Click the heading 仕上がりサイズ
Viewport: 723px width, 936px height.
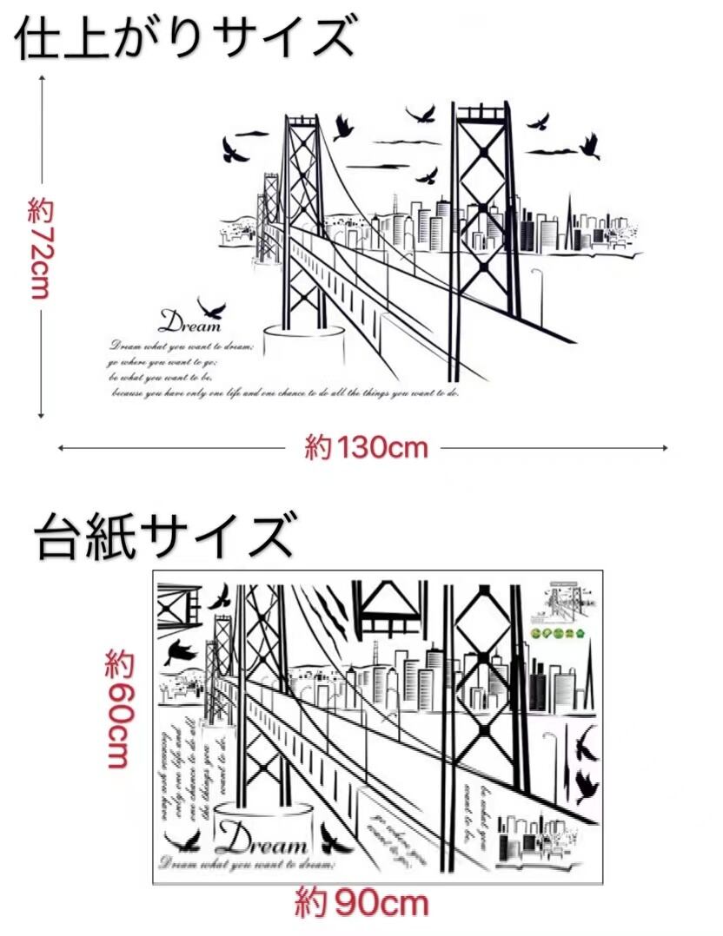click(x=185, y=38)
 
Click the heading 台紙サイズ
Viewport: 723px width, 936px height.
click(x=165, y=537)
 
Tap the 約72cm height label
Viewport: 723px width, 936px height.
click(x=40, y=248)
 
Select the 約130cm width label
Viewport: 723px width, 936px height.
click(x=366, y=448)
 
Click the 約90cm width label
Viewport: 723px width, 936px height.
click(x=361, y=904)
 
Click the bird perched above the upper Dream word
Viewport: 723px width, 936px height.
click(x=211, y=307)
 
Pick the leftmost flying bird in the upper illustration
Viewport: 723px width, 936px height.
click(x=233, y=149)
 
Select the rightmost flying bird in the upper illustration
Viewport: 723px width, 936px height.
click(x=591, y=145)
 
